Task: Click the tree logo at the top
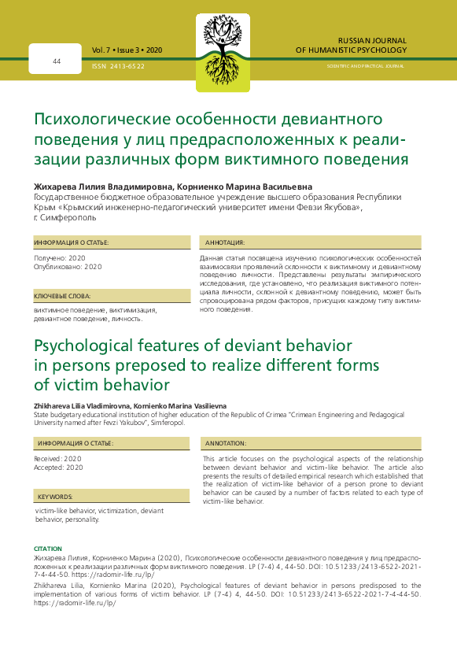click(x=227, y=45)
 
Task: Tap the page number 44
click(x=57, y=61)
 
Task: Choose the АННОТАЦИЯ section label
click(x=226, y=242)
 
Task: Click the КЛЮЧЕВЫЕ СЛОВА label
click(x=63, y=296)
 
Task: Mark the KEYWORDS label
click(x=55, y=497)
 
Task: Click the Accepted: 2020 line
click(x=58, y=468)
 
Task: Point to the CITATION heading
click(x=48, y=547)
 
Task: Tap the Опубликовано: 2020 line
click(x=68, y=267)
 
